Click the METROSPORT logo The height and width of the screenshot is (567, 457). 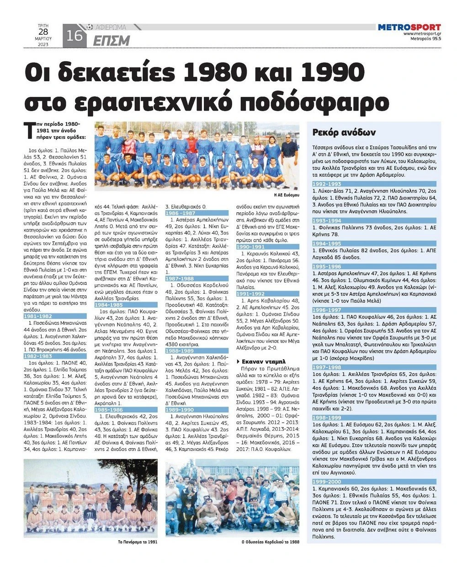point(409,27)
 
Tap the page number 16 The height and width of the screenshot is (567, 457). point(74,36)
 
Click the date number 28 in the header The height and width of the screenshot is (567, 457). point(43,32)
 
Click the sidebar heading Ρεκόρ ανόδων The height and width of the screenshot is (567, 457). point(344,132)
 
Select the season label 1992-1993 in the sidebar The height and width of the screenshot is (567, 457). point(327,184)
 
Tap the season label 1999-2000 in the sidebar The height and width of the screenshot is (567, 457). point(327,482)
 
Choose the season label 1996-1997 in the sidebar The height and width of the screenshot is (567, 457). point(327,310)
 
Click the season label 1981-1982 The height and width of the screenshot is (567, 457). point(38,316)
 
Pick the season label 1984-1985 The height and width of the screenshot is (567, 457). point(109,304)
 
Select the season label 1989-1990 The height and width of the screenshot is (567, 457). point(180,410)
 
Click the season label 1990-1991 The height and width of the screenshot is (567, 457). point(251,247)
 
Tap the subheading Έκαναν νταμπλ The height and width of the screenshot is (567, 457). point(261,360)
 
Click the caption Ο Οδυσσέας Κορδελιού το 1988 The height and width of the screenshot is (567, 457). point(271,542)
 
